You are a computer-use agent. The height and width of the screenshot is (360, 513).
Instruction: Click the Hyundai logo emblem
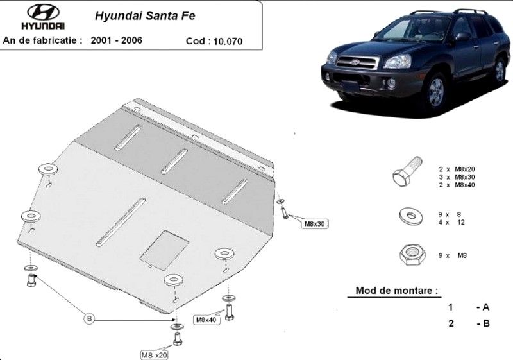click(x=43, y=12)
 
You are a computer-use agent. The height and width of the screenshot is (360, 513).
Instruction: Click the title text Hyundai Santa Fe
click(x=145, y=15)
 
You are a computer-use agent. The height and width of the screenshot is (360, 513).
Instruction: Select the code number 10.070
click(x=228, y=41)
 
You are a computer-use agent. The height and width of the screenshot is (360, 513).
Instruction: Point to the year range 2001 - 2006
click(x=117, y=40)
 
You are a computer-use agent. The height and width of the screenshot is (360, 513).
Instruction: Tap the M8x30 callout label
click(x=314, y=224)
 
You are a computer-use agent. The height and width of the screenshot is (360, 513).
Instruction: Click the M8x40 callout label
click(x=206, y=320)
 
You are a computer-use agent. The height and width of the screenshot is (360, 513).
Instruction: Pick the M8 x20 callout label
click(x=154, y=355)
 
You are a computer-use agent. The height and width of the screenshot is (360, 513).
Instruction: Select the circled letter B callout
click(x=89, y=318)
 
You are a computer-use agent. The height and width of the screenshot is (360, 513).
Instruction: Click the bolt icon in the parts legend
click(x=407, y=171)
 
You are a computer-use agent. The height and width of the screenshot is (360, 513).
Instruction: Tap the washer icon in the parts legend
click(x=411, y=216)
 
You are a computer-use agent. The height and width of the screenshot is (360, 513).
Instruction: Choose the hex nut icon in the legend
click(x=412, y=255)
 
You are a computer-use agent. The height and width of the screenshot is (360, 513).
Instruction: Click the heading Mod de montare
click(x=396, y=290)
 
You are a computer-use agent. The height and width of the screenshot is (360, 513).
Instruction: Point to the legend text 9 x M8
click(x=453, y=255)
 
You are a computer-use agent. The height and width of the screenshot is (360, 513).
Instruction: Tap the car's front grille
click(x=358, y=62)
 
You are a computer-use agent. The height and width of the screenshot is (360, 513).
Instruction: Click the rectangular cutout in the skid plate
click(x=165, y=250)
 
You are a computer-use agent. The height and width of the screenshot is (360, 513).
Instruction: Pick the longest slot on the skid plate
click(x=121, y=221)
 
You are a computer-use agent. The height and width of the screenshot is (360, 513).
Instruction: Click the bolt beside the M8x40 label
click(x=229, y=312)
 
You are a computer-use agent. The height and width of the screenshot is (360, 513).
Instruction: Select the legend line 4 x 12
click(x=451, y=222)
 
